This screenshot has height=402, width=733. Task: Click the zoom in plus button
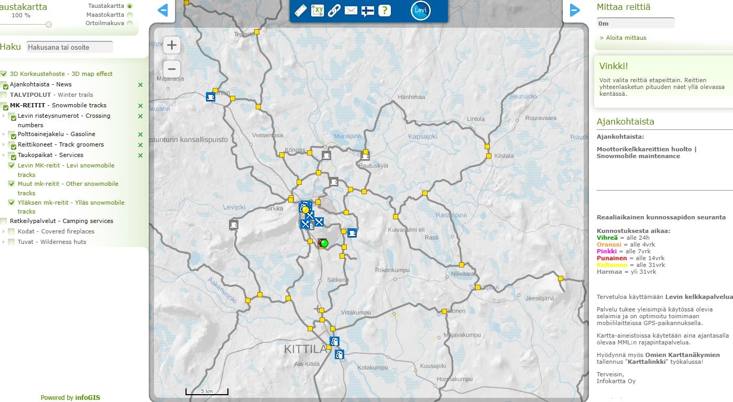coord(171,46)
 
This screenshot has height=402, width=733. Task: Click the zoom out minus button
coord(171,69)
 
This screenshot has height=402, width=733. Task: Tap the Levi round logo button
coord(420,10)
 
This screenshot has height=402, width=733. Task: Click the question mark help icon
coord(385,10)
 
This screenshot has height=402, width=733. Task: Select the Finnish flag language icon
coord(368,10)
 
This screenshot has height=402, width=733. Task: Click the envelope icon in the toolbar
coord(351,10)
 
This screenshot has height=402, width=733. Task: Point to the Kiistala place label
coord(504,155)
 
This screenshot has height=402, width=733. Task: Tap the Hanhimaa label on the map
coord(411,97)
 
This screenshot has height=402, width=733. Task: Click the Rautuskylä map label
coord(373,165)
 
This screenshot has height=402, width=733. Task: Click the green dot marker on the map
coord(324,243)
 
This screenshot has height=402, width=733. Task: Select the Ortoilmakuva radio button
coord(129,23)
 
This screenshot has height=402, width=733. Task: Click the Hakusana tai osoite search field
coord(70,47)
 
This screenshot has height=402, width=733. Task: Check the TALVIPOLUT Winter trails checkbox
coord(4,95)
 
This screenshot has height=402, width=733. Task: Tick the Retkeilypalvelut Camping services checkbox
coord(4,221)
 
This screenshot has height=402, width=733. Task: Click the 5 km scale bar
coord(206,392)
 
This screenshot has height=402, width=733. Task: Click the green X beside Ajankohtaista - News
coord(140,85)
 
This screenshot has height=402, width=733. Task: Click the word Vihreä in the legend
coord(607,238)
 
